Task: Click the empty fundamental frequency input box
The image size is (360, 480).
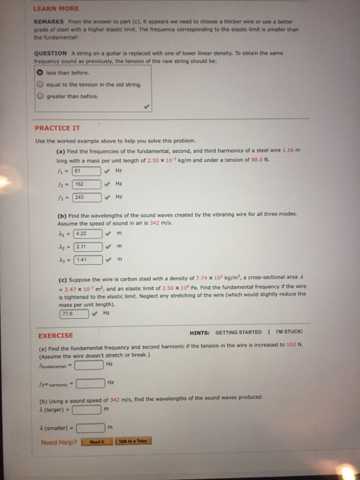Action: tap(90, 363)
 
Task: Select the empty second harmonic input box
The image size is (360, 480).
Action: tap(90, 383)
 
